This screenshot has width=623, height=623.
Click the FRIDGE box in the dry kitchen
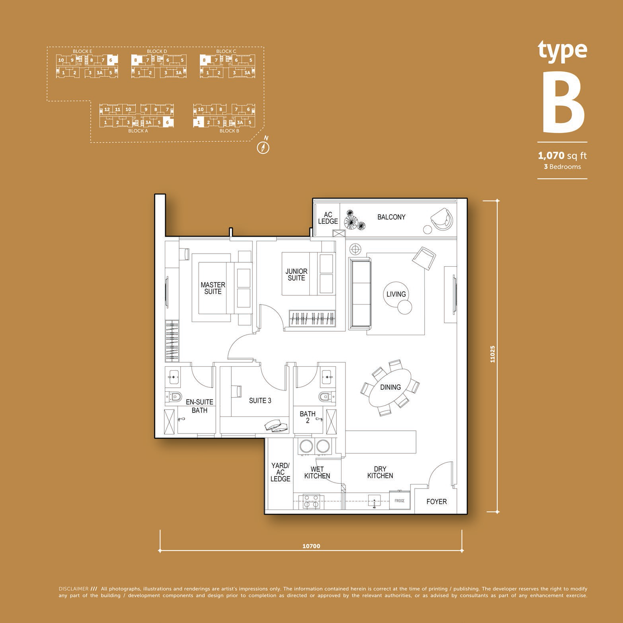[x=399, y=500]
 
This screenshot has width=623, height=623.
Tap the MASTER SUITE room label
[x=213, y=288]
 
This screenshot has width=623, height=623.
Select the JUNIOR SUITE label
[x=297, y=275]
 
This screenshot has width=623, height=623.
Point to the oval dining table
[x=391, y=387]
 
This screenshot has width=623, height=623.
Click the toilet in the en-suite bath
[x=174, y=396]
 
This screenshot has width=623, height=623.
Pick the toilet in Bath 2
[x=324, y=396]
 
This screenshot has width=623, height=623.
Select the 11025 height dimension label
[x=493, y=353]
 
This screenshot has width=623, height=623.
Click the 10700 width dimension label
[x=311, y=546]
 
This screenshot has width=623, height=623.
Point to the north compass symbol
[x=264, y=146]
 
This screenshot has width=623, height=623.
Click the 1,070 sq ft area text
[x=562, y=156]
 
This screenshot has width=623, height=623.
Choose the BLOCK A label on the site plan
[x=138, y=131]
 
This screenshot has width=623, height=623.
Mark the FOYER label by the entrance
[x=437, y=502]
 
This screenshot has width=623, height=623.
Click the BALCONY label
[x=391, y=217]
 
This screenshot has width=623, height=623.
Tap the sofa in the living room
[x=360, y=294]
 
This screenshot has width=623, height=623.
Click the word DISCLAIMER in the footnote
[x=73, y=589]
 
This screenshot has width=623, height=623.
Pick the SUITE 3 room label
[x=260, y=400]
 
